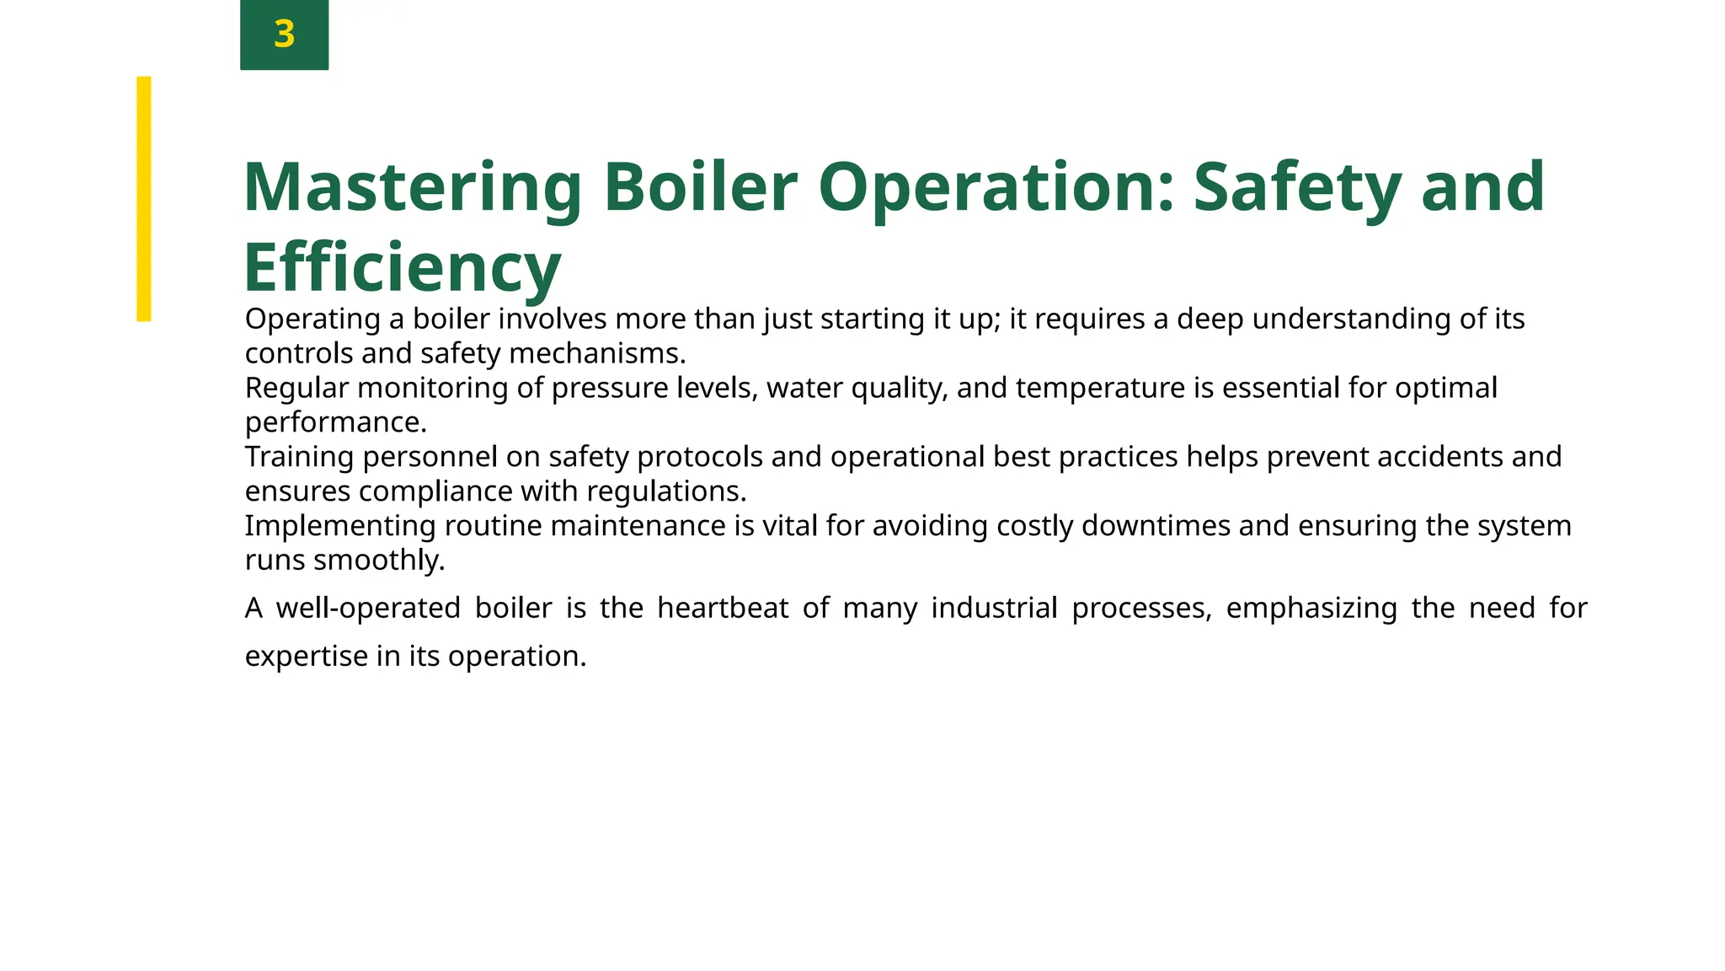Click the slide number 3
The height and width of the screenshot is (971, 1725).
coord(284,35)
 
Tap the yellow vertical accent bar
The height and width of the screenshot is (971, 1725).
coord(144,199)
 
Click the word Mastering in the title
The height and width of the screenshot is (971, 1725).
coord(413,187)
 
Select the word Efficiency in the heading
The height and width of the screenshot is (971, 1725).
coord(403,267)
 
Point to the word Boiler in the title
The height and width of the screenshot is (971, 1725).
coord(700,187)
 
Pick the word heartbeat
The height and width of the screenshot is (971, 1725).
coord(723,608)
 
